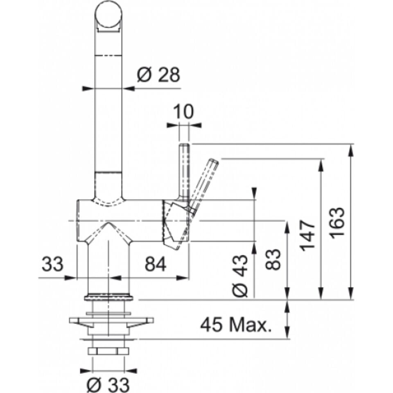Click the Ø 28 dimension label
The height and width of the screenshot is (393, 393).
click(158, 75)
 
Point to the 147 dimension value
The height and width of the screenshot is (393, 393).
click(308, 236)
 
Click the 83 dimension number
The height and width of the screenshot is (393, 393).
click(273, 260)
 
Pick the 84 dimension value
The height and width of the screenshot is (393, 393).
click(156, 264)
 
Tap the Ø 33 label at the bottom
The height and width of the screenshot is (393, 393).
click(108, 384)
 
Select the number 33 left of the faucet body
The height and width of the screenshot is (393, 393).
click(52, 264)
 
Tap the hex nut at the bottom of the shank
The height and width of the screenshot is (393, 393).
click(108, 351)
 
